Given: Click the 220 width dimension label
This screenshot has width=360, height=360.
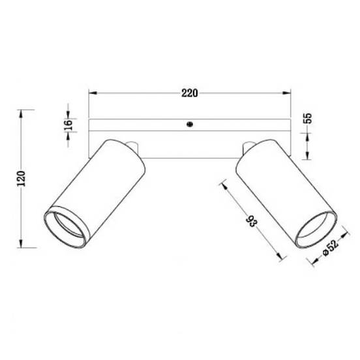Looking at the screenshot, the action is point(189,93).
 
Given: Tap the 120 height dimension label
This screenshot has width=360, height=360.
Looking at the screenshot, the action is point(22,179).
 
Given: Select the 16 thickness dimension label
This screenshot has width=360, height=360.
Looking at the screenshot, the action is point(68,125).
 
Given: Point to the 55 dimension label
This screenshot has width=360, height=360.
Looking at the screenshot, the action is point(308,118).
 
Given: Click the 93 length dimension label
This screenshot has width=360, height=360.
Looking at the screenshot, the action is point(252,221).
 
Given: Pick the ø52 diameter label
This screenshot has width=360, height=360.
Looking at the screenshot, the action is point(331,248).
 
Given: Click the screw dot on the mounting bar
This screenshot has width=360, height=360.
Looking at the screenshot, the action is point(190,124).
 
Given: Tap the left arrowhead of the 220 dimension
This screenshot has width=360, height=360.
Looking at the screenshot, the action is point(93,93).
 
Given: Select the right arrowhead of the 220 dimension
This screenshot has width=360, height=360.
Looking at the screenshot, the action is point(286,93).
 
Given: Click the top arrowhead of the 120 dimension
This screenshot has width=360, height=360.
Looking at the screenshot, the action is point(21,114).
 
